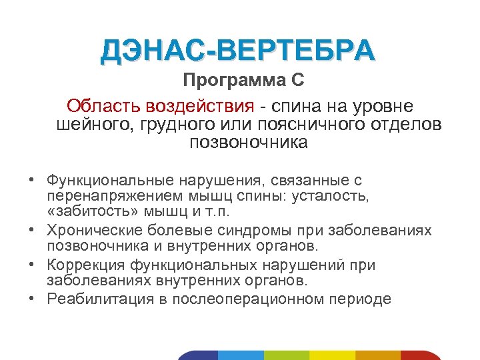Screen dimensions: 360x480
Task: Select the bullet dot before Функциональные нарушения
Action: click(x=32, y=180)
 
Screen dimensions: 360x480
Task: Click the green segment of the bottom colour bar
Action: click(x=287, y=355)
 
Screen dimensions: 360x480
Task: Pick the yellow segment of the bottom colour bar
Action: click(x=332, y=355)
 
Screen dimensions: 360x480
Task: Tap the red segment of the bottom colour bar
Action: click(x=420, y=355)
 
